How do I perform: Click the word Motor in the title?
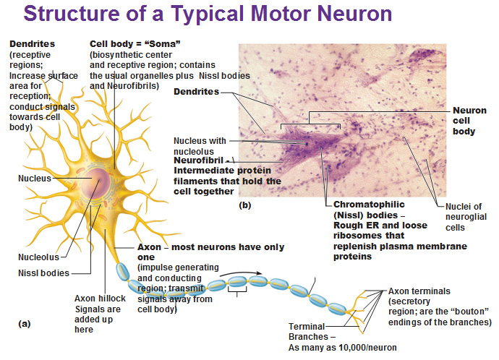point(281,14)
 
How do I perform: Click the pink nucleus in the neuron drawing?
point(95,184)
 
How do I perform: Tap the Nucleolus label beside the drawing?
point(38,257)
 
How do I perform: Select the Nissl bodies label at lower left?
point(43,273)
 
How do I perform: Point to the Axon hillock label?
point(100,299)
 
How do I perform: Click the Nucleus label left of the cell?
point(35,178)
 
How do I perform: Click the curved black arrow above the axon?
point(241,273)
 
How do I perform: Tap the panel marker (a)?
point(25,324)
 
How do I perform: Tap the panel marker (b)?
point(244,205)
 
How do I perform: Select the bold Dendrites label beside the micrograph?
point(197,92)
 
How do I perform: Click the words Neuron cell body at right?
point(469,121)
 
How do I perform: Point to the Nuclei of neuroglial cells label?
point(466,217)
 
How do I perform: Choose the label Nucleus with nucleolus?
point(200,146)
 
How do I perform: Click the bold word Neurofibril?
point(199,160)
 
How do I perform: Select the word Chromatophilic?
point(369,205)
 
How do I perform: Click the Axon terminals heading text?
point(419,291)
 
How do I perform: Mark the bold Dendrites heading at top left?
point(32,44)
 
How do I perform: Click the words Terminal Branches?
point(307,331)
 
